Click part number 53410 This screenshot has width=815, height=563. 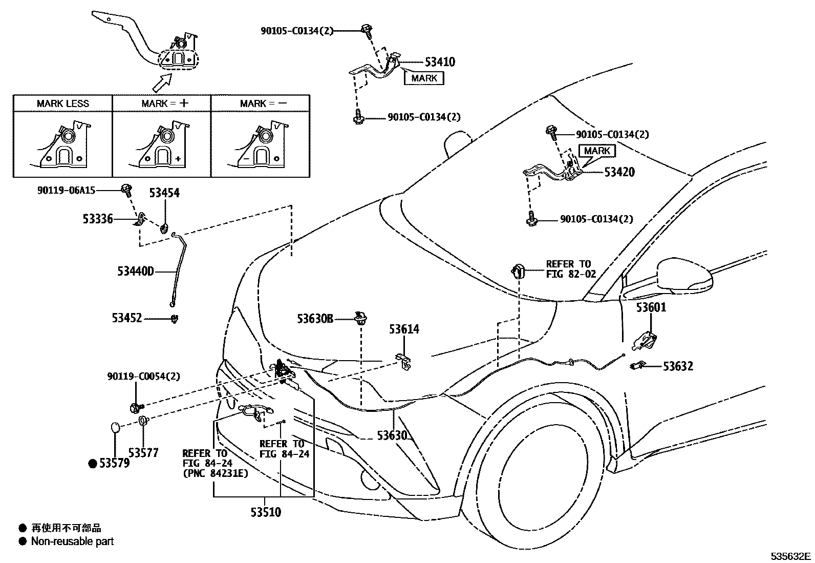pyautogui.click(x=439, y=62)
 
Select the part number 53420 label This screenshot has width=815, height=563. pyautogui.click(x=619, y=172)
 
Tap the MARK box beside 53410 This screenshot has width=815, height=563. pyautogui.click(x=424, y=78)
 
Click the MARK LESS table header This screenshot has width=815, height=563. pyautogui.click(x=62, y=103)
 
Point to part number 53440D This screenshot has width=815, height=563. pyautogui.click(x=135, y=271)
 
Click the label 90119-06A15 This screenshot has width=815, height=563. pyautogui.click(x=66, y=190)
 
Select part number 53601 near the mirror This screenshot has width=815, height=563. pyautogui.click(x=651, y=307)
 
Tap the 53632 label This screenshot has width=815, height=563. pyautogui.click(x=678, y=366)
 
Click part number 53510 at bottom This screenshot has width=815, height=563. pyautogui.click(x=266, y=512)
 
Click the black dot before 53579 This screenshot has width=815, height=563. pyautogui.click(x=93, y=464)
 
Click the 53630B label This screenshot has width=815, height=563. pyautogui.click(x=315, y=319)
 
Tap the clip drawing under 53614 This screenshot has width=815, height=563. pyautogui.click(x=404, y=361)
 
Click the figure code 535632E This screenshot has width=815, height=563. pyautogui.click(x=791, y=556)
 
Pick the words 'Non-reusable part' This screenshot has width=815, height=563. pyautogui.click(x=72, y=541)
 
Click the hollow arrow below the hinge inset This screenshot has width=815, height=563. pyautogui.click(x=162, y=81)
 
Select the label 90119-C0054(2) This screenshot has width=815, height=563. pyautogui.click(x=143, y=377)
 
